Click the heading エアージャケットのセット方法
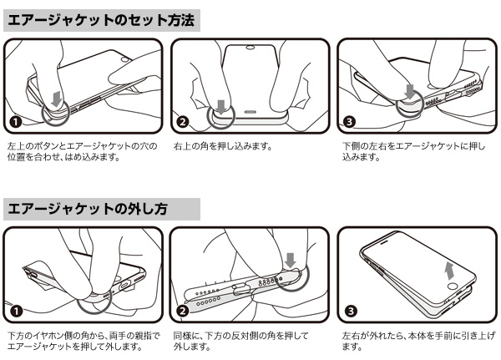[x=101, y=20]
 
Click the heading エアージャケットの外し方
[x=88, y=209]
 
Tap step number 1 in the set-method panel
[x=16, y=122]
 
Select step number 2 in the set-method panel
[x=183, y=122]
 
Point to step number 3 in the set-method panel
[x=349, y=122]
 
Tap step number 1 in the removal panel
[x=16, y=311]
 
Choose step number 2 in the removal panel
[x=183, y=311]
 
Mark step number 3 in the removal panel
[x=351, y=311]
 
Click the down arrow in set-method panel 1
[x=57, y=99]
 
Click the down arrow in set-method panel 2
[x=221, y=107]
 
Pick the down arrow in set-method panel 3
[x=409, y=91]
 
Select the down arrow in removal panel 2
[x=291, y=260]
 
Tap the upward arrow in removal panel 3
[x=450, y=271]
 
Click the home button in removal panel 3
[x=452, y=285]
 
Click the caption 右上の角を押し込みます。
[x=223, y=146]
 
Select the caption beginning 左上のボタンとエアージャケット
[x=83, y=151]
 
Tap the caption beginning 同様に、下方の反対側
[x=241, y=341]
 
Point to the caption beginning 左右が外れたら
[x=418, y=341]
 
